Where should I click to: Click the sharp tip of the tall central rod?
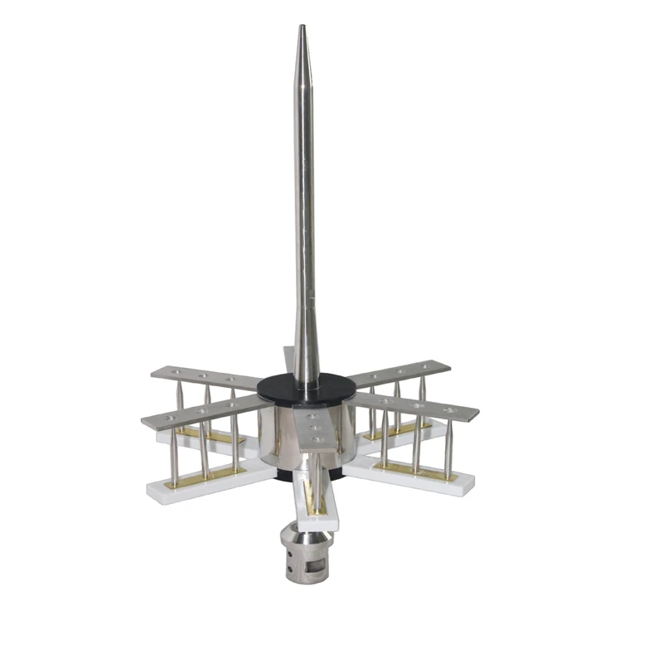302,28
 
